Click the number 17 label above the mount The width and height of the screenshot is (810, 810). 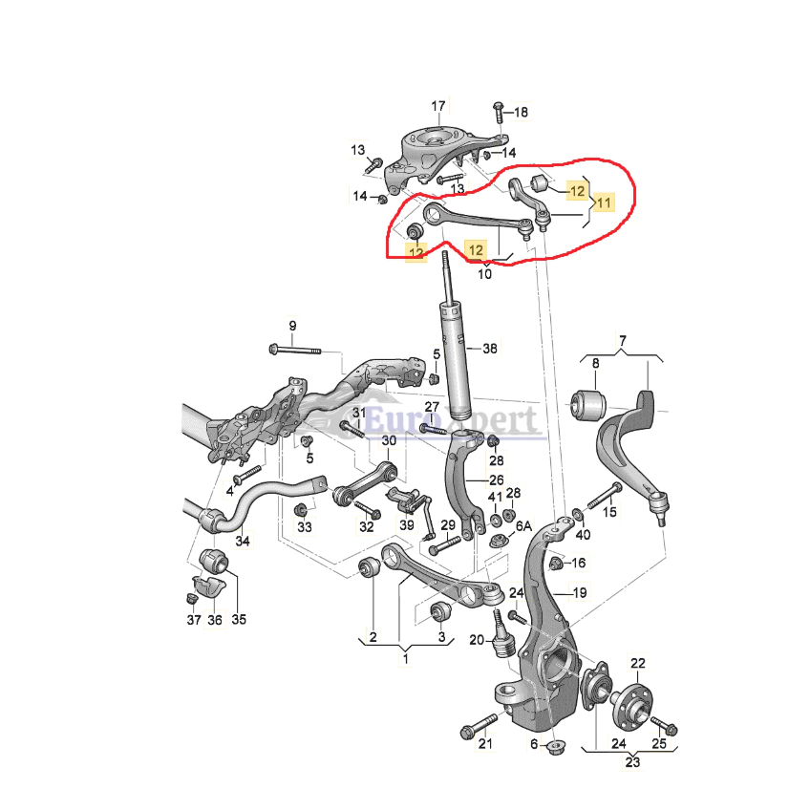coord(437,105)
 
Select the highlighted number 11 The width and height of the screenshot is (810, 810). coord(602,202)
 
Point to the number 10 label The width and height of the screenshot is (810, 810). coord(484,274)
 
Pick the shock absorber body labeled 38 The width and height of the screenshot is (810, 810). coord(455,358)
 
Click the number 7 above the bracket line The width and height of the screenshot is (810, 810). coord(622,341)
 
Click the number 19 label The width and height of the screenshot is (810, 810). coord(580,593)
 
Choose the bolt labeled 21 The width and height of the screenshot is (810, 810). coord(472,731)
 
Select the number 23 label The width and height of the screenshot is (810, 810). coord(632,763)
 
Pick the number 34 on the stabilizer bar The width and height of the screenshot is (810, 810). coord(243,542)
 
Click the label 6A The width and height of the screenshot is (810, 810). coord(522,526)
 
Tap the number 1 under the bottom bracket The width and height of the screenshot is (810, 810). coord(405,658)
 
